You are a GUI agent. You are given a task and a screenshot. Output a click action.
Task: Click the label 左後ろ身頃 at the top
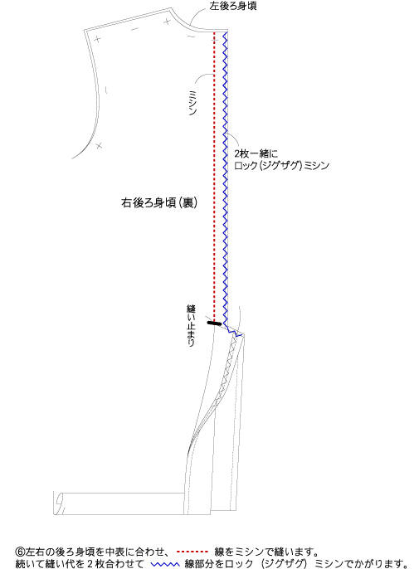[x=233, y=6]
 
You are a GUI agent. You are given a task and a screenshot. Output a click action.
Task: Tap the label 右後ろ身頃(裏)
[x=159, y=202]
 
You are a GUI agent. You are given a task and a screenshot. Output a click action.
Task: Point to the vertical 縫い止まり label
[x=191, y=325]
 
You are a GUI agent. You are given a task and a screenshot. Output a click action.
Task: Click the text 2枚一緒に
[x=256, y=154]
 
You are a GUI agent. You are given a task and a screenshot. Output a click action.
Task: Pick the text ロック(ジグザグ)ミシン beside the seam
[x=281, y=166]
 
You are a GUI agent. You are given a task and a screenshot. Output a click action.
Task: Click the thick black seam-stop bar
[x=214, y=323]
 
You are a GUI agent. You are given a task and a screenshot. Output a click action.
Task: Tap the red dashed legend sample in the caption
[x=192, y=552]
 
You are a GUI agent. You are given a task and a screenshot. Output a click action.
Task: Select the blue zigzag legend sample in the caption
[x=165, y=564]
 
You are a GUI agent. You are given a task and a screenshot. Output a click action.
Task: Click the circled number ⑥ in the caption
[x=20, y=552]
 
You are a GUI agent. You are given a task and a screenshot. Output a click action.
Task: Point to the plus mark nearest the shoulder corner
[x=97, y=39]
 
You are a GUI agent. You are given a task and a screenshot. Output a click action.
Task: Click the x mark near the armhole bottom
[x=99, y=145]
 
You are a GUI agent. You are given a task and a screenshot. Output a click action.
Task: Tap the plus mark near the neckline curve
[x=167, y=22]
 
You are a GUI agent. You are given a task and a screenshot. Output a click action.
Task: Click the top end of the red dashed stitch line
[x=214, y=32]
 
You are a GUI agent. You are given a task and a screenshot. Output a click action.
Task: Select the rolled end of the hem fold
[x=59, y=503]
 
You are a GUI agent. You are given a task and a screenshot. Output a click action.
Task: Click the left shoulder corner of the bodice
[x=85, y=31]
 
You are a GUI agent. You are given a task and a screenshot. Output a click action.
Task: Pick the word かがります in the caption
[x=377, y=563]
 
